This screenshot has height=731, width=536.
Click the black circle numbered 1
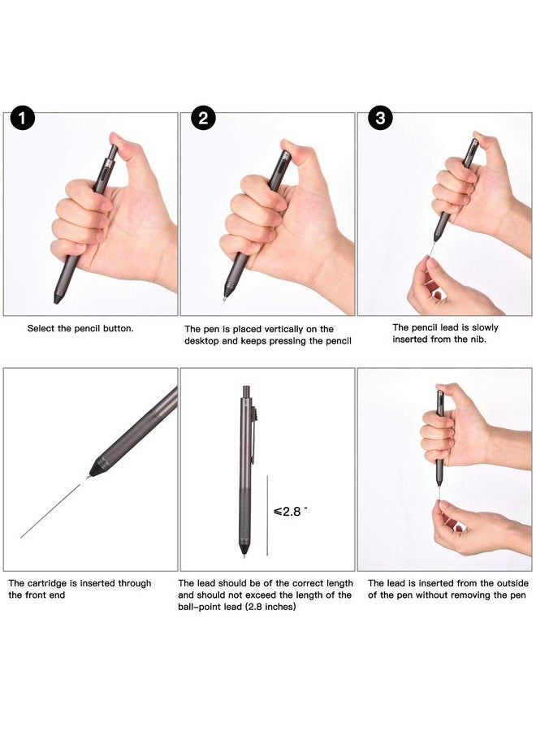click(23, 119)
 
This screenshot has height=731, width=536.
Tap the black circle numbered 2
click(202, 119)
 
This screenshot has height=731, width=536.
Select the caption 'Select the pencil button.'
click(80, 328)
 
